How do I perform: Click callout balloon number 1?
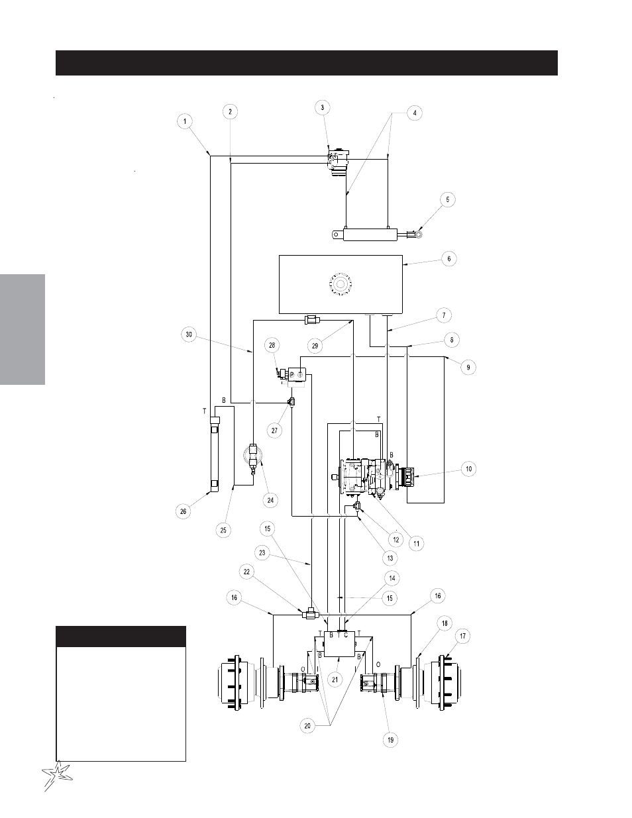184,122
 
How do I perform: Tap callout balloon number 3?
322,108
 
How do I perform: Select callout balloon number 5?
448,199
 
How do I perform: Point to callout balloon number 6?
448,259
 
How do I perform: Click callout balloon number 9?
468,368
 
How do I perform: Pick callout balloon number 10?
468,469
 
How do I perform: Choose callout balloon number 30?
189,334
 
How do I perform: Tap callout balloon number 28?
272,345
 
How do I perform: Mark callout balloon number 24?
270,500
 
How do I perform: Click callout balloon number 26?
183,511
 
